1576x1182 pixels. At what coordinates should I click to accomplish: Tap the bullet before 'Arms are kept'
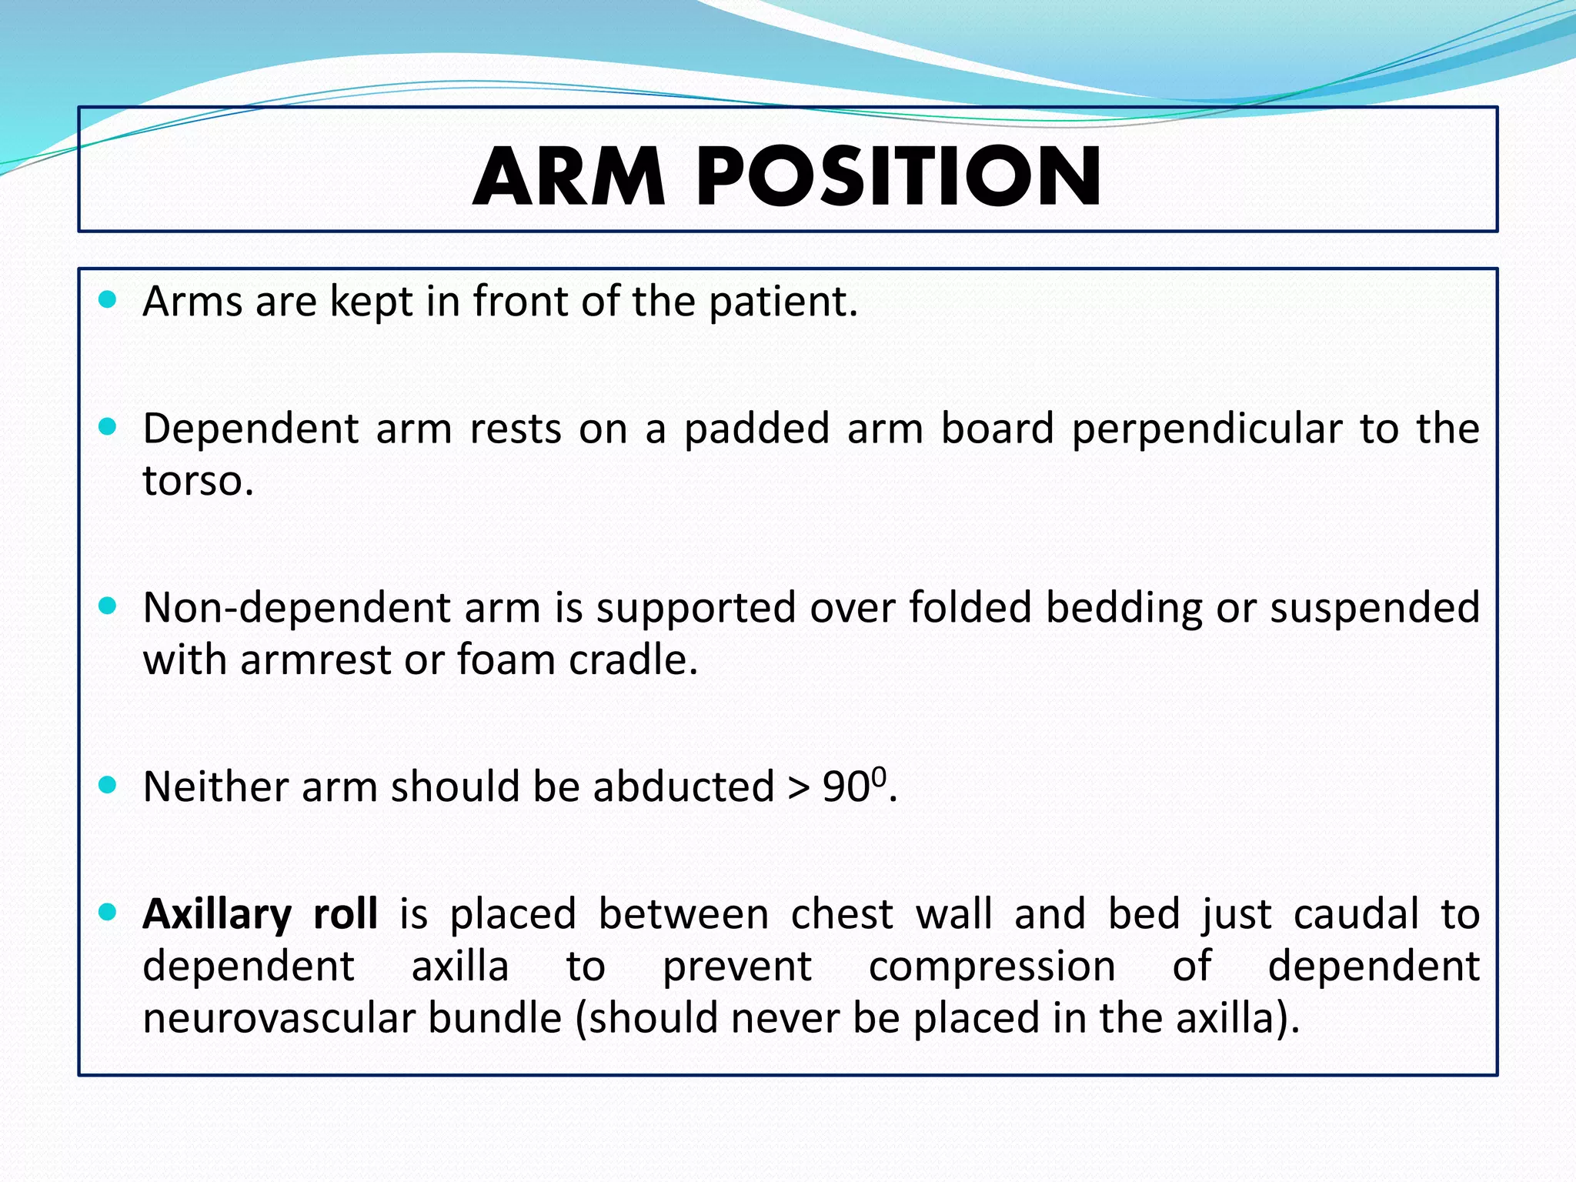click(x=108, y=299)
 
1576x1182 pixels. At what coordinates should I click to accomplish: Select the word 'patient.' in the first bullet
click(x=783, y=302)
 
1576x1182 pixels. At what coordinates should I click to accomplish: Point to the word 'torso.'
click(x=198, y=481)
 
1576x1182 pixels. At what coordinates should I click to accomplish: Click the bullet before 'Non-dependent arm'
click(x=108, y=606)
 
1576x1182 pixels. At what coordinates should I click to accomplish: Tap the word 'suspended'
click(x=1374, y=608)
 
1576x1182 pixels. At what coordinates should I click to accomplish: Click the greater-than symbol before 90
click(x=799, y=788)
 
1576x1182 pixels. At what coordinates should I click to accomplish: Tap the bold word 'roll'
click(x=346, y=914)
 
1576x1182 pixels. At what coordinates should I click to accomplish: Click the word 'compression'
click(x=992, y=967)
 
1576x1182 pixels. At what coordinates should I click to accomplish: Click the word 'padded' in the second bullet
click(x=756, y=429)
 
